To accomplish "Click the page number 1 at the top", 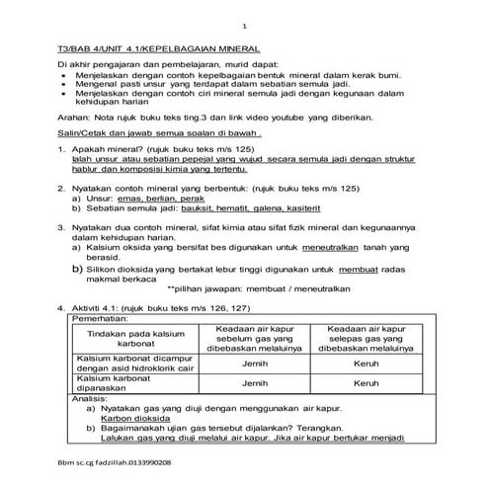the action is (x=244, y=26).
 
